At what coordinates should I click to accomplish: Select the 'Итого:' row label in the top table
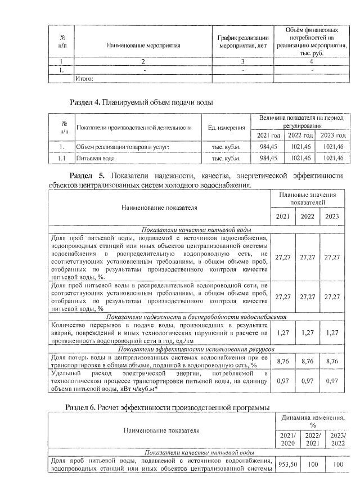pyautogui.click(x=84, y=79)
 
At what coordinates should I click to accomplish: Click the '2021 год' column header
pyautogui.click(x=268, y=136)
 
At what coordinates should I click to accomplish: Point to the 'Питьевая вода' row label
pyautogui.click(x=95, y=159)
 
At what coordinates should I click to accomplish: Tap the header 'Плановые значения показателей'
pyautogui.click(x=308, y=198)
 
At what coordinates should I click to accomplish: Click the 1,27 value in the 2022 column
pyautogui.click(x=308, y=332)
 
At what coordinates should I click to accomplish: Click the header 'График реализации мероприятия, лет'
pyautogui.click(x=243, y=41)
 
